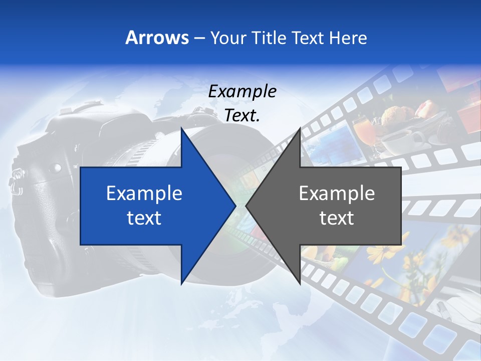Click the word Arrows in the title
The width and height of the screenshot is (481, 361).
[x=157, y=38]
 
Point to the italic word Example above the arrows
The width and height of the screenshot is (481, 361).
[x=242, y=91]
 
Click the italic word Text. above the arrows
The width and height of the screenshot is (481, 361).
[x=242, y=115]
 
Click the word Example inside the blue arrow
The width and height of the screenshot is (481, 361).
[x=144, y=194]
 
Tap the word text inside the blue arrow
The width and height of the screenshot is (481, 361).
[x=144, y=218]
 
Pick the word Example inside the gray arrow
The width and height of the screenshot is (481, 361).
[x=337, y=194]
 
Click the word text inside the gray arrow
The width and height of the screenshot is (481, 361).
[x=337, y=218]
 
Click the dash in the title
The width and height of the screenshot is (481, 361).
[x=199, y=38]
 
